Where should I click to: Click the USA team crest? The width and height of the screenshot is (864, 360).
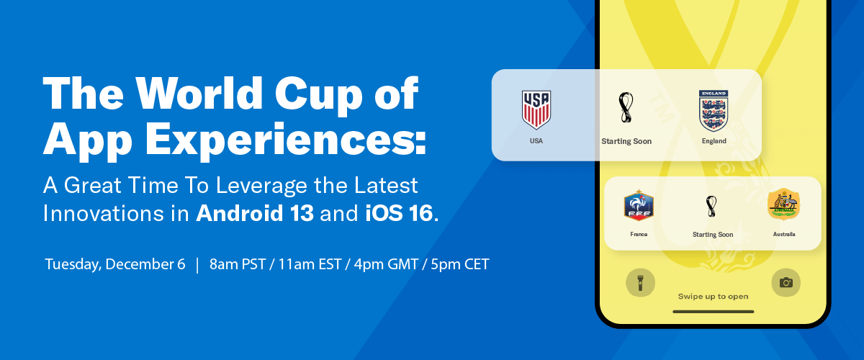pyautogui.click(x=536, y=110)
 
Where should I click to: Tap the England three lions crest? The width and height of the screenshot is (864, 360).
pyautogui.click(x=714, y=111)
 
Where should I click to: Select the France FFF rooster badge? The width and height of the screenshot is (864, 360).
pyautogui.click(x=639, y=205)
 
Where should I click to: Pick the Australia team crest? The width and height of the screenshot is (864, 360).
pyautogui.click(x=784, y=204)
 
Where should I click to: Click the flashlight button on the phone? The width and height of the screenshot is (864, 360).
pyautogui.click(x=640, y=283)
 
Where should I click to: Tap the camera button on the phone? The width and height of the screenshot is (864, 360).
pyautogui.click(x=786, y=283)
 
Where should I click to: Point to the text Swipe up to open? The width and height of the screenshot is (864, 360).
pyautogui.click(x=714, y=297)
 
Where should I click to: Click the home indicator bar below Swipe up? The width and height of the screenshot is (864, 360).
pyautogui.click(x=714, y=312)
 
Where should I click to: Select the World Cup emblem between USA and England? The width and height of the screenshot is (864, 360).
pyautogui.click(x=626, y=108)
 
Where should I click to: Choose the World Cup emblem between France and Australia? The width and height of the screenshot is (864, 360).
pyautogui.click(x=711, y=206)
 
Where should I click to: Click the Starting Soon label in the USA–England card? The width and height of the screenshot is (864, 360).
pyautogui.click(x=626, y=141)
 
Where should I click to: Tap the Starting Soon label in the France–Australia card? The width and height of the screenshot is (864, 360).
pyautogui.click(x=713, y=234)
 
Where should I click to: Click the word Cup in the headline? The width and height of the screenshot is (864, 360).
pyautogui.click(x=318, y=94)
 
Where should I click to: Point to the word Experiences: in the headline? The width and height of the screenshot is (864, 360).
pyautogui.click(x=286, y=140)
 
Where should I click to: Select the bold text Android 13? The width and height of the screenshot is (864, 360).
pyautogui.click(x=255, y=213)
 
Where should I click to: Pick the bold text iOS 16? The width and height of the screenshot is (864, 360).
pyautogui.click(x=399, y=213)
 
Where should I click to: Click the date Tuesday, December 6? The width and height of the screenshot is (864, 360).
pyautogui.click(x=115, y=264)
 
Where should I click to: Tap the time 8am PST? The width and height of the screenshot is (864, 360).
pyautogui.click(x=238, y=264)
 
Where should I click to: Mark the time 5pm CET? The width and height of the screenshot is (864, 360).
pyautogui.click(x=460, y=264)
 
